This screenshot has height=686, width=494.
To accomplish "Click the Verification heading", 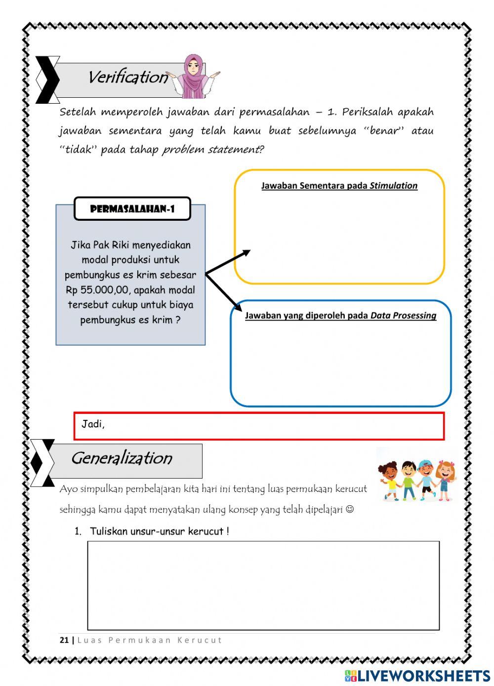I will [x=128, y=78].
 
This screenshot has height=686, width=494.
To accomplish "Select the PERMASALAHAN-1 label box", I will [x=132, y=209].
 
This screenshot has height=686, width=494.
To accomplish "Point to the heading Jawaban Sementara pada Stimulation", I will [x=339, y=186].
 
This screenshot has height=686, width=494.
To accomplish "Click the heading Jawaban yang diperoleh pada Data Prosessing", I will [x=340, y=316].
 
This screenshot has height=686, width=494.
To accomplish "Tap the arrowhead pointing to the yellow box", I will [x=246, y=253].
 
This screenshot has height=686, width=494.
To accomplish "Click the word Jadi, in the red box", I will [x=93, y=424].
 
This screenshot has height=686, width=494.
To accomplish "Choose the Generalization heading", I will [x=122, y=458].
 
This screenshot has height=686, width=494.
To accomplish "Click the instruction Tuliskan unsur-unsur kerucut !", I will [x=159, y=531].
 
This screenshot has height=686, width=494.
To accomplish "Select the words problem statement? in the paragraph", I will [x=213, y=150].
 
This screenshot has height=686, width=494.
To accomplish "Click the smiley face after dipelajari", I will [x=350, y=509].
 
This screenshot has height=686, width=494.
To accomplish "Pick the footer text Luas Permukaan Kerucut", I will [x=150, y=640].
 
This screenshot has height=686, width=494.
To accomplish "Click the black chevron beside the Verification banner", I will [x=46, y=80].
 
